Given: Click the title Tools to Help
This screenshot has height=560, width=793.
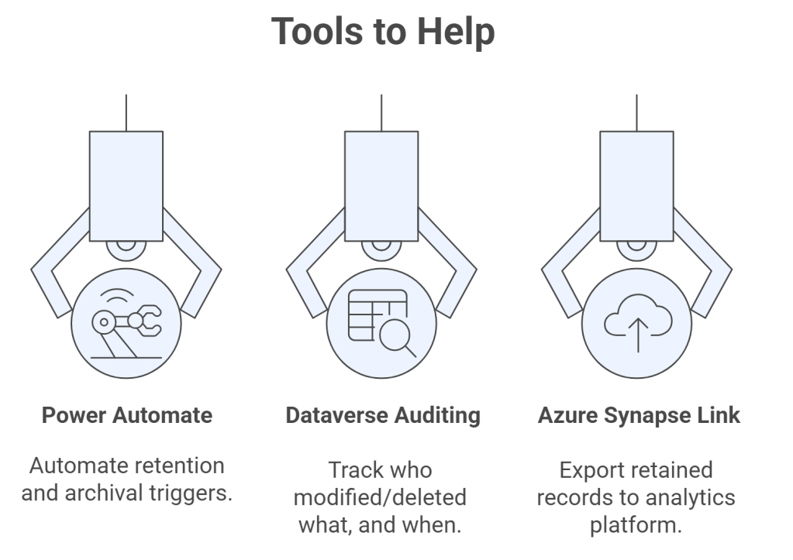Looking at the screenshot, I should click(382, 32).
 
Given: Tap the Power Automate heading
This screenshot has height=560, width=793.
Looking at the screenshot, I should click(126, 415).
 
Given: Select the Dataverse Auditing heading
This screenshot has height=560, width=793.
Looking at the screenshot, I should click(382, 415).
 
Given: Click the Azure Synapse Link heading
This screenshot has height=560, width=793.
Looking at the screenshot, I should click(639, 415).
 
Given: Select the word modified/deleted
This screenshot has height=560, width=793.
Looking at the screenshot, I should click(382, 496).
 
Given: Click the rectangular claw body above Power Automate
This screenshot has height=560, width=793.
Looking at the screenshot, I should click(126, 186).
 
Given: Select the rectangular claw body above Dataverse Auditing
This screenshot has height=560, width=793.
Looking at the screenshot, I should click(381, 186).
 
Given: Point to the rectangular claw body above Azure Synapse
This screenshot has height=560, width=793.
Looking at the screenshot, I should click(637, 186).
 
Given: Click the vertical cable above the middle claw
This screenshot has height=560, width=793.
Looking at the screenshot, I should click(381, 112).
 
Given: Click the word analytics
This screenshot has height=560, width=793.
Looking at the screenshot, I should click(692, 496).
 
